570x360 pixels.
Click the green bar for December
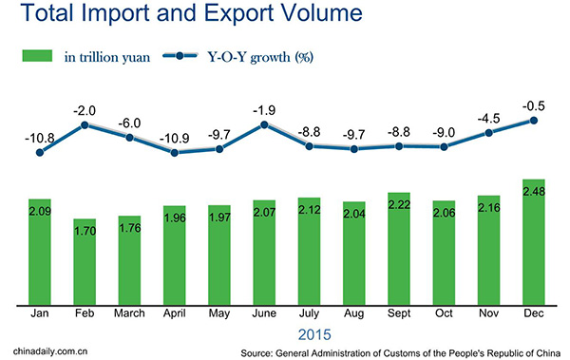coord(534,243)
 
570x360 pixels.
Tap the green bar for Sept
coord(399,249)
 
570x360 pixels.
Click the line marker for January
coord(40,152)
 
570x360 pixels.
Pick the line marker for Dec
coord(534,121)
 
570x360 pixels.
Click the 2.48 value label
coord(534,195)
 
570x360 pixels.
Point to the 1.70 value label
coord(85,232)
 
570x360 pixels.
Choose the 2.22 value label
coord(399,206)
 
